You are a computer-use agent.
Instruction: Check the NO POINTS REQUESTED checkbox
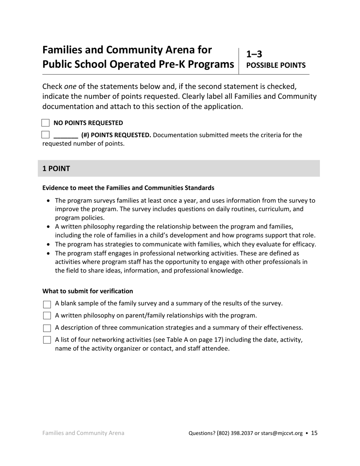tap(45, 123)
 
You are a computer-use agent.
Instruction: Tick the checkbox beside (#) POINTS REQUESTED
tap(45, 134)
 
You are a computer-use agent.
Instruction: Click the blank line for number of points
tap(66, 136)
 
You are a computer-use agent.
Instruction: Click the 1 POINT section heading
tap(56, 169)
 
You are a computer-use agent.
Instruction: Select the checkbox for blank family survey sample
tap(47, 304)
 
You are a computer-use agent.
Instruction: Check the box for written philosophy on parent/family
tap(47, 316)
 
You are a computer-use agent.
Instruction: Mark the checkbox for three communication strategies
tap(47, 328)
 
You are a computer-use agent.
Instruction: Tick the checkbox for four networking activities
tap(47, 340)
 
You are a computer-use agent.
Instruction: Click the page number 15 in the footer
tap(314, 433)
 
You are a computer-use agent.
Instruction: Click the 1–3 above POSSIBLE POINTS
tap(254, 54)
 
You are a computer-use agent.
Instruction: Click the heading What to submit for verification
tap(88, 291)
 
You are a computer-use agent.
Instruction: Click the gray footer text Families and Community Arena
tap(83, 433)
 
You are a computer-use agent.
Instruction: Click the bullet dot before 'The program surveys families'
tap(48, 201)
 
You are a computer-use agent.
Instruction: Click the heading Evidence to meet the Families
tap(128, 188)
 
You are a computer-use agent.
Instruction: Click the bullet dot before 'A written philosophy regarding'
tap(48, 227)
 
